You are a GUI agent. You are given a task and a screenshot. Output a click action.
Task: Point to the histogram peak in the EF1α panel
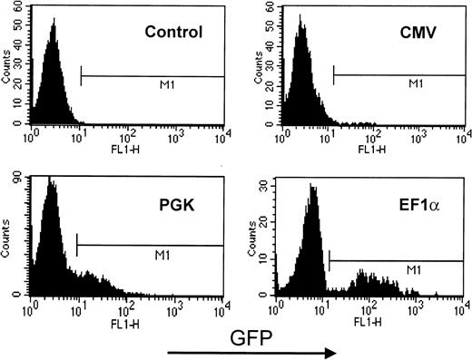pyautogui.click(x=311, y=187)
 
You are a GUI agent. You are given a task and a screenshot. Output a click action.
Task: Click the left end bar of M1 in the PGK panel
pyautogui.click(x=78, y=245)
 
